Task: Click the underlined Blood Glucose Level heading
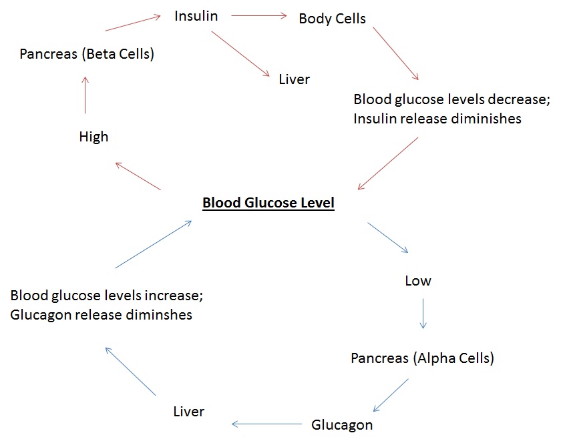coord(268,203)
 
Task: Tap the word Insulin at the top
coord(196,16)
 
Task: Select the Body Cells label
coord(332,19)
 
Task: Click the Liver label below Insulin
coord(295,79)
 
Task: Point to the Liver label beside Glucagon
coord(188,411)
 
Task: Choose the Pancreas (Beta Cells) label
coord(87,54)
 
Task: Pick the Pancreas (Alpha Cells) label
coord(422,358)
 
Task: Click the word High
coord(93,137)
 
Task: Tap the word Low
coord(418,281)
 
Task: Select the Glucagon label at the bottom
coord(342,424)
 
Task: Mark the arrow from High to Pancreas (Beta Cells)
coord(85,95)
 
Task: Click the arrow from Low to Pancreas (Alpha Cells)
coord(423,314)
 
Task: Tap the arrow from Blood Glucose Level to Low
coord(388,238)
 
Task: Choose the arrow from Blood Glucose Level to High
coord(138,177)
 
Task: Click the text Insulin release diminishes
coord(437,119)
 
